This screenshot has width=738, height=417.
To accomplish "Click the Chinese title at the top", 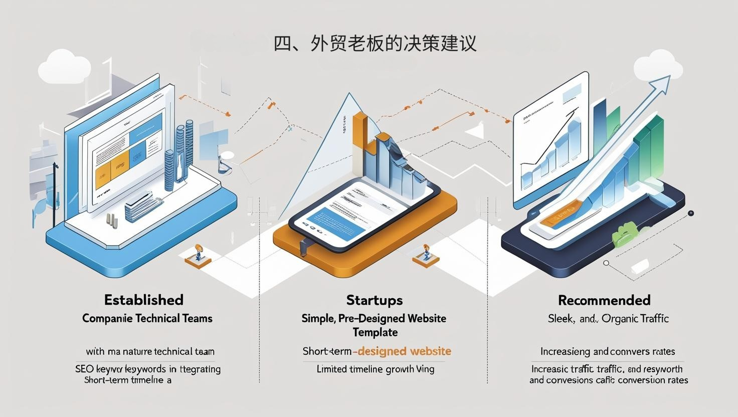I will coord(375,43).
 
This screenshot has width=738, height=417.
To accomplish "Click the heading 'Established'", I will coord(144,300).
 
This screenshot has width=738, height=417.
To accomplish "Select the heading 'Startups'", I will coord(374,300).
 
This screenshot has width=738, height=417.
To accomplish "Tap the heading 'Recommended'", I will coord(604,300).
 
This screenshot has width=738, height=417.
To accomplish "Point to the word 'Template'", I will coord(375,332).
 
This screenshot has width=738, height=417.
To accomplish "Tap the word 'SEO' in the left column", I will coord(85,369).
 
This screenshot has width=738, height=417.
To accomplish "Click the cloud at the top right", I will coord(658,67).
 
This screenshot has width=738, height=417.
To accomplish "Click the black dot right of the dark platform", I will coord(691,213).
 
